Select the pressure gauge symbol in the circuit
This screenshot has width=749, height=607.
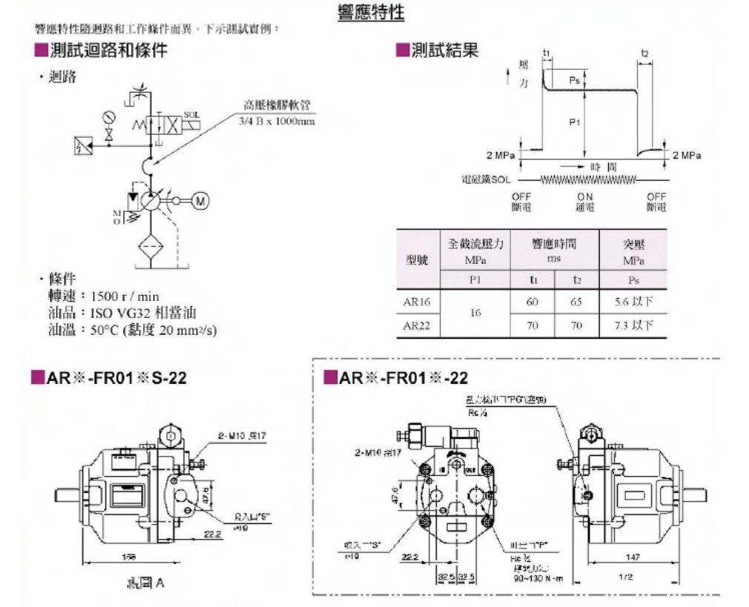pyautogui.click(x=110, y=117)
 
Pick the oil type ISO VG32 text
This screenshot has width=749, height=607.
pyautogui.click(x=122, y=313)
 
